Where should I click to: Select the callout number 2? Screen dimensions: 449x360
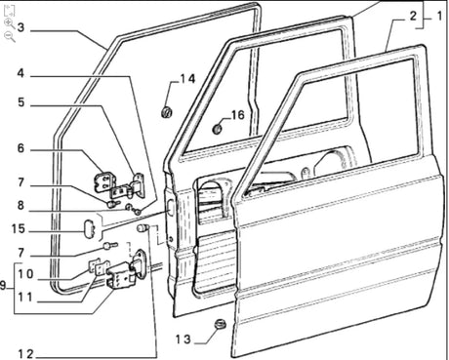pos(413,16)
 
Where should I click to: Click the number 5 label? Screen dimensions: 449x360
pos(20,101)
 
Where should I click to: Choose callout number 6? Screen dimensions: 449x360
pos(20,148)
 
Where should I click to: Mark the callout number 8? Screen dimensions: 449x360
pos(20,206)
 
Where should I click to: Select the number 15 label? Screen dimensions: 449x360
pos(20,229)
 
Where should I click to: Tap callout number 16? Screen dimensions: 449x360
pos(237,114)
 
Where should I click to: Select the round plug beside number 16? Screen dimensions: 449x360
pos(219,127)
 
